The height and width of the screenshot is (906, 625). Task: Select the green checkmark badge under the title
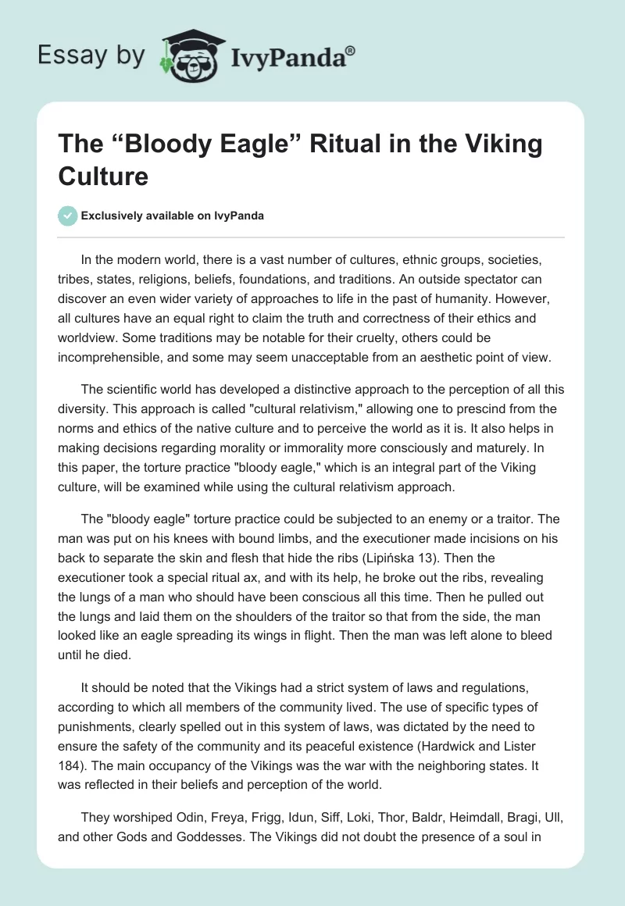[68, 215]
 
